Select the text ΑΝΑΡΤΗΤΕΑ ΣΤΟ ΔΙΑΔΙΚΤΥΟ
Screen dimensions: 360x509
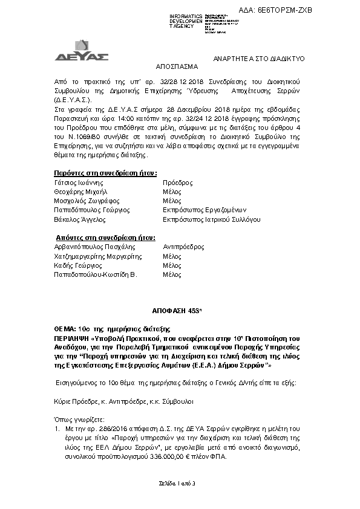pos(262,58)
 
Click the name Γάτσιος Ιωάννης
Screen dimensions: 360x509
pos(79,182)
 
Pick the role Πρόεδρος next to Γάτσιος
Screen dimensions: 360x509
pos(178,182)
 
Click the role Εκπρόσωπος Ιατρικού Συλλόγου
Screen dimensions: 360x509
pos(212,219)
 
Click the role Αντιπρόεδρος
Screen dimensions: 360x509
pos(184,247)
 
